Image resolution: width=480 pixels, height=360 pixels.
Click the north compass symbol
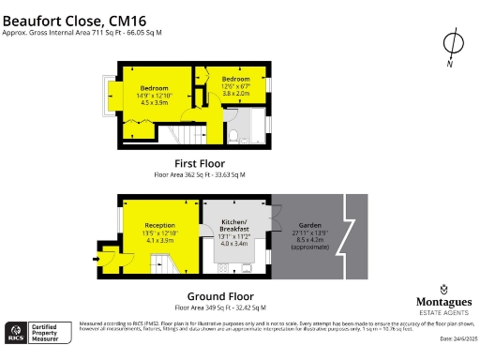click(452, 43)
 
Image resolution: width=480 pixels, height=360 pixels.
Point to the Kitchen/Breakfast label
click(233, 226)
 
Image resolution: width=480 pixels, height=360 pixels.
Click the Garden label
click(310, 225)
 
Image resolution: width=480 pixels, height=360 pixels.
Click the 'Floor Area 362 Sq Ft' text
click(200, 174)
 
